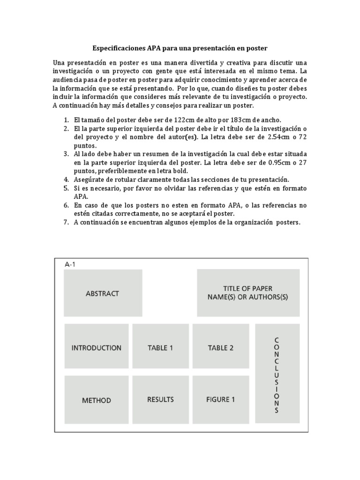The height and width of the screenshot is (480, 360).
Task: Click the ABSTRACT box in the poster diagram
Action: tap(103, 293)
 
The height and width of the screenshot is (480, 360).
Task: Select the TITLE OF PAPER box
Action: tap(248, 293)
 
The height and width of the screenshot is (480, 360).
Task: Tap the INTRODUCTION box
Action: tap(96, 348)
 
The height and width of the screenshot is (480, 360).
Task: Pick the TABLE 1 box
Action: tap(160, 348)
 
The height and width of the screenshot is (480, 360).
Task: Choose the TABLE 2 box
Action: tap(220, 348)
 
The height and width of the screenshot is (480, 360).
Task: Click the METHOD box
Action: tap(96, 400)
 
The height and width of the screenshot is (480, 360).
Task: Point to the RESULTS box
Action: tap(160, 399)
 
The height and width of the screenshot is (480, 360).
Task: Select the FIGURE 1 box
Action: tap(220, 399)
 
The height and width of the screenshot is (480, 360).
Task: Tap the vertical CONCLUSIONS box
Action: tap(277, 375)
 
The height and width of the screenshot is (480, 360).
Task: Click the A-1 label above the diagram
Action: tap(70, 264)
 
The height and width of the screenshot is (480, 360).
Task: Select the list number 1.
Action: tap(66, 120)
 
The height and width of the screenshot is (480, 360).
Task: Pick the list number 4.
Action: tap(66, 180)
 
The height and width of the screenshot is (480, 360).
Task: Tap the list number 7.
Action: tap(66, 222)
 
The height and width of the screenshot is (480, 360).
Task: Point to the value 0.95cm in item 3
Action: tap(266, 162)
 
